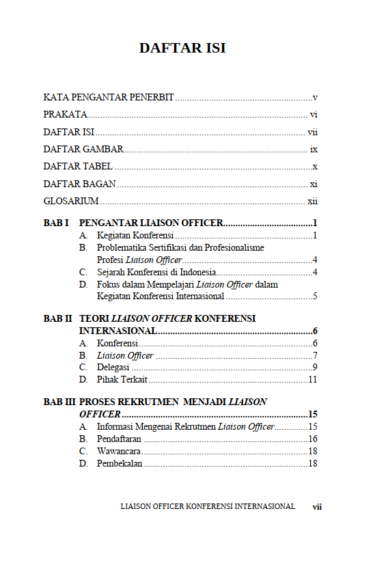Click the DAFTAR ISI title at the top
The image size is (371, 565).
click(x=182, y=49)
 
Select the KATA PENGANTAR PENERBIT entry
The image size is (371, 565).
click(x=108, y=98)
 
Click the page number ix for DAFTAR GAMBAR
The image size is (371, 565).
click(x=314, y=149)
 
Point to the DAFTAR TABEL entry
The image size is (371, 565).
click(x=78, y=167)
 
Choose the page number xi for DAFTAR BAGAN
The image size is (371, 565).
click(x=314, y=184)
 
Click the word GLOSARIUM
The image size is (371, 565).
click(x=71, y=201)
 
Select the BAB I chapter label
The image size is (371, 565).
click(x=57, y=223)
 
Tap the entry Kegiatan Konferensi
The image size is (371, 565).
click(x=135, y=236)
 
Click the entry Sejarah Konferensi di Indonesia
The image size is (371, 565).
click(x=156, y=273)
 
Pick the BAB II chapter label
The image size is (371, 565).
click(x=58, y=318)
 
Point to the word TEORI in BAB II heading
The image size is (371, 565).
click(x=94, y=318)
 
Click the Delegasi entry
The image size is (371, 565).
click(x=113, y=368)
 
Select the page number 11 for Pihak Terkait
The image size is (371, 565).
click(x=313, y=380)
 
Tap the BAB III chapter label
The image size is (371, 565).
click(x=59, y=402)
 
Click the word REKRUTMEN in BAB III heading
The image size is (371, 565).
click(x=148, y=402)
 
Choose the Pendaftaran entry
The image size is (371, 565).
click(x=119, y=439)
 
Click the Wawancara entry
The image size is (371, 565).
click(x=119, y=451)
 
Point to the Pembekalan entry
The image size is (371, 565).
click(x=120, y=463)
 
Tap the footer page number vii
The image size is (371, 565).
click(x=317, y=507)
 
